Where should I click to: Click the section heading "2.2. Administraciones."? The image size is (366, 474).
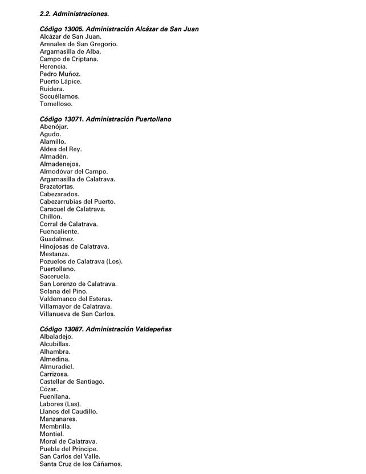(x=74, y=14)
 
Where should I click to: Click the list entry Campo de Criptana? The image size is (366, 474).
(x=69, y=59)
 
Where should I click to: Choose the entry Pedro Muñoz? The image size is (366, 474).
(x=60, y=74)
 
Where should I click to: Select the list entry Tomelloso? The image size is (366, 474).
(x=56, y=104)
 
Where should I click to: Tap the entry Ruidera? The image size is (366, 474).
(x=52, y=89)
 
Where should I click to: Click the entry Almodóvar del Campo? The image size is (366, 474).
(x=74, y=172)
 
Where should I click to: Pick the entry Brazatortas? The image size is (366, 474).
(x=57, y=187)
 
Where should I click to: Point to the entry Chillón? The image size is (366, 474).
(x=51, y=217)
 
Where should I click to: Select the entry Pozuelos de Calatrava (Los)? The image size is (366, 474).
(x=81, y=262)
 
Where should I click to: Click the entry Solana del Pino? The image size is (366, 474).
(x=63, y=291)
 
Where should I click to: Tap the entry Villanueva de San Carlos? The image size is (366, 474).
(x=77, y=314)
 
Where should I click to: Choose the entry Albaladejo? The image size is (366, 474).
(x=56, y=337)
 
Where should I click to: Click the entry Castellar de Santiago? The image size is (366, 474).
(x=72, y=382)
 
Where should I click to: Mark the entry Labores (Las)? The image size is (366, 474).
(x=60, y=404)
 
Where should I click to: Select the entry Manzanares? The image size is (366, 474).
(x=58, y=419)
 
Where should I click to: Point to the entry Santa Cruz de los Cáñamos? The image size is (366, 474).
(x=80, y=464)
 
